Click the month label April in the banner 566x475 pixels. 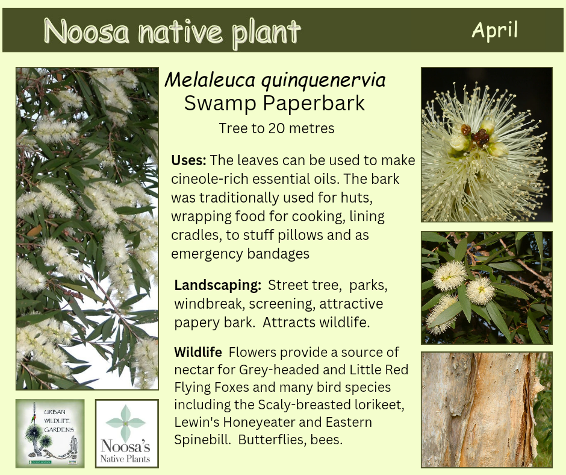coord(494,30)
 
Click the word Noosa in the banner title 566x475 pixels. coord(87,31)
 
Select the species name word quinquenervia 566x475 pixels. coord(323,80)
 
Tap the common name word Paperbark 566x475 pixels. coord(314,104)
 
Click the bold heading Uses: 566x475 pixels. coord(188,160)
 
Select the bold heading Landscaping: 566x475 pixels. coord(217,285)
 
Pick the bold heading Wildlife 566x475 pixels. coord(198,352)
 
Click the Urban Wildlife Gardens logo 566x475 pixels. coord(50,433)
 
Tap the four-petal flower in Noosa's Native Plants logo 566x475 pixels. coord(126,423)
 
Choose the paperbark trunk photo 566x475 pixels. coord(487,409)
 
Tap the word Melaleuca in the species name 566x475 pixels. coord(210,80)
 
